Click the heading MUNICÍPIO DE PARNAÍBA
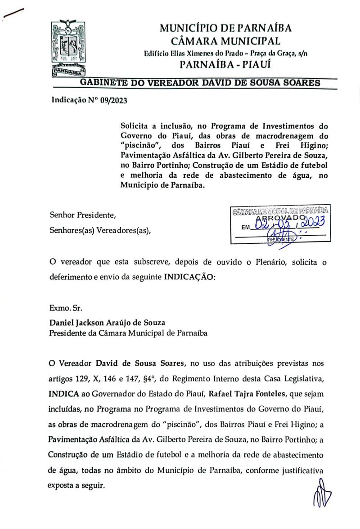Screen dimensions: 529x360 pos(225,28)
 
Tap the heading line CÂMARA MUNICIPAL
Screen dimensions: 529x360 pos(226,41)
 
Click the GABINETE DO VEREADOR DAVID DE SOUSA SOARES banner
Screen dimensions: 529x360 pos(200,83)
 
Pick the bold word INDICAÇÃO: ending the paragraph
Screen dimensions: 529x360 pos(189,277)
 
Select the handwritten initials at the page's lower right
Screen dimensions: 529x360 pos(323,493)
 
